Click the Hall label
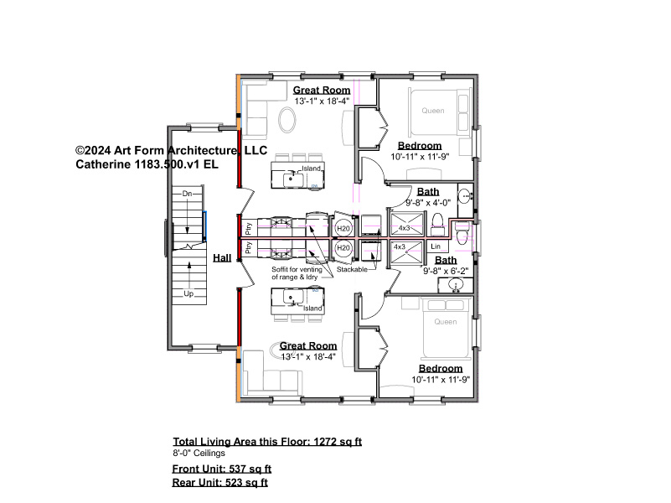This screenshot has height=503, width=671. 222,257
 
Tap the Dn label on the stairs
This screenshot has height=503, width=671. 187,194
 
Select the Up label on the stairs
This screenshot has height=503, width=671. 188,293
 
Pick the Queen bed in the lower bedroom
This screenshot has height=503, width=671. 446,328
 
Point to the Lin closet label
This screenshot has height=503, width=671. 436,246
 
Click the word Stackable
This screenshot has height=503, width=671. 352,269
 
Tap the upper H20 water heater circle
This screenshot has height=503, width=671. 343,229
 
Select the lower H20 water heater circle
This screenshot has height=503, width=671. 343,248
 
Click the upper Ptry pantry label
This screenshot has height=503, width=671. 249,228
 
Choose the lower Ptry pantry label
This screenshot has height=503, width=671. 249,247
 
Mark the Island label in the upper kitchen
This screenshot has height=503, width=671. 311,169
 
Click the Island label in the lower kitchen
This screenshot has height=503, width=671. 312,309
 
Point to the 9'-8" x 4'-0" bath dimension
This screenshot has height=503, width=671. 428,203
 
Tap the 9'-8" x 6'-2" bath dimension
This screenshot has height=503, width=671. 446,271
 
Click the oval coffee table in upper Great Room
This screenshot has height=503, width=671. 286,119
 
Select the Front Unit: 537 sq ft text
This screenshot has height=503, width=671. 222,469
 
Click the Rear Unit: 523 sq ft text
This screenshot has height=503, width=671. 220,482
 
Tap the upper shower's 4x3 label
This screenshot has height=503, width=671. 405,228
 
